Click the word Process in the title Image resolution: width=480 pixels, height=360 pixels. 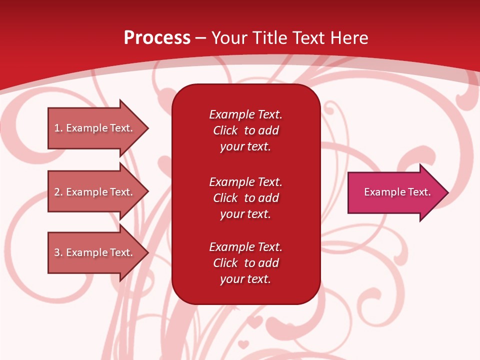point(157,38)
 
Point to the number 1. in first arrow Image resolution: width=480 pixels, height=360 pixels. point(58,128)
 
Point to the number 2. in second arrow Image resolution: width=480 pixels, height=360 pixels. point(58,192)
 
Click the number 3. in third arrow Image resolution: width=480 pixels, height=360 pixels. point(58,252)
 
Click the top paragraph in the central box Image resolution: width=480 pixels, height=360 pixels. point(245,130)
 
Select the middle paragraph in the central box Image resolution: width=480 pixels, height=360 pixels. point(245,198)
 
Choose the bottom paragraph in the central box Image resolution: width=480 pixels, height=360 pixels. point(245,263)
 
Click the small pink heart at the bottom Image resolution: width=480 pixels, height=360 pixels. point(243,344)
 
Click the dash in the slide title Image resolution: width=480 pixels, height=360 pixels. point(200,38)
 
